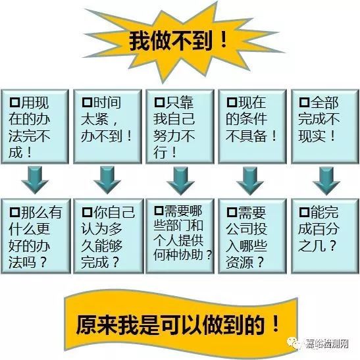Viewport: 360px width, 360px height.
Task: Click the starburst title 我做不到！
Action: (x=178, y=41)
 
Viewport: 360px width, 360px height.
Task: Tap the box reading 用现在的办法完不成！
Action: (x=35, y=126)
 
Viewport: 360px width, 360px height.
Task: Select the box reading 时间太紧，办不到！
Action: (x=107, y=126)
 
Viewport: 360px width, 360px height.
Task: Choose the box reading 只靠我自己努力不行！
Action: (x=180, y=126)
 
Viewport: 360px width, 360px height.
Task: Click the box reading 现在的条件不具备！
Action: (x=253, y=126)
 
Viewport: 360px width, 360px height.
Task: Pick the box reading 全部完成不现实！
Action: (x=325, y=126)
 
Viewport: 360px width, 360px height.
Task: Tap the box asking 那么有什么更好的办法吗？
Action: (x=36, y=236)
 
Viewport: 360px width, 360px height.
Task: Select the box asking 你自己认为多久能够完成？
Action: (x=109, y=236)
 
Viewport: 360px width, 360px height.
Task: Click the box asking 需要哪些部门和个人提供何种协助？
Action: (x=180, y=236)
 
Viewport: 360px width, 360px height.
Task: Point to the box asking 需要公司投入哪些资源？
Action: (x=253, y=236)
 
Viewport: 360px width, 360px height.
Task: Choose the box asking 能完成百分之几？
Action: (x=325, y=236)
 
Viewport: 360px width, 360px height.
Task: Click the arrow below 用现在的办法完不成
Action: (x=35, y=180)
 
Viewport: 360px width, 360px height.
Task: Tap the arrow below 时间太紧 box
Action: (x=107, y=180)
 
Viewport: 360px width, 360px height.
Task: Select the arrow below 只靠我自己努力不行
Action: (x=180, y=181)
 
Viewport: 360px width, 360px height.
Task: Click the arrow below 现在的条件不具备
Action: (x=250, y=181)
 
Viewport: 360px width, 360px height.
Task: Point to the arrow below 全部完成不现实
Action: (x=326, y=181)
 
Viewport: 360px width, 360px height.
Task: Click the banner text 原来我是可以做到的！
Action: (x=177, y=324)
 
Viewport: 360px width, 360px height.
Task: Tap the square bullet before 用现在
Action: (x=14, y=103)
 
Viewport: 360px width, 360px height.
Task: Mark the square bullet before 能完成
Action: (x=305, y=212)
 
